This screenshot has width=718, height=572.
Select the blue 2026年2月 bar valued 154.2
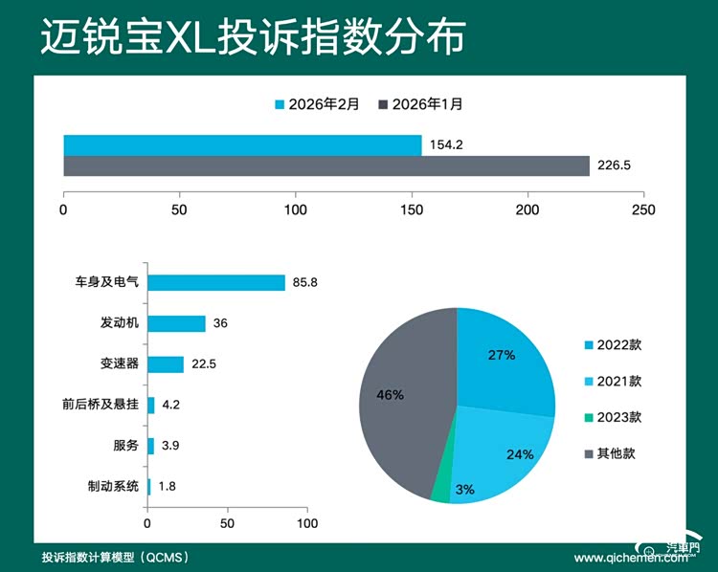(x=242, y=144)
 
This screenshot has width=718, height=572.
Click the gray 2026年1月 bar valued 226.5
(x=325, y=166)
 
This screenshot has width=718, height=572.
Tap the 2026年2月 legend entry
(x=317, y=103)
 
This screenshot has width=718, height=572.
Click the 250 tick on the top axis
(x=644, y=209)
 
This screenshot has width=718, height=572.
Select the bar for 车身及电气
(x=216, y=282)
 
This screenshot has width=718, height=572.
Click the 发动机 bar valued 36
(x=177, y=323)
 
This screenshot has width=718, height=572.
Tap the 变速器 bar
(x=166, y=364)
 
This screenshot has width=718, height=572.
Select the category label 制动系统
(x=113, y=486)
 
